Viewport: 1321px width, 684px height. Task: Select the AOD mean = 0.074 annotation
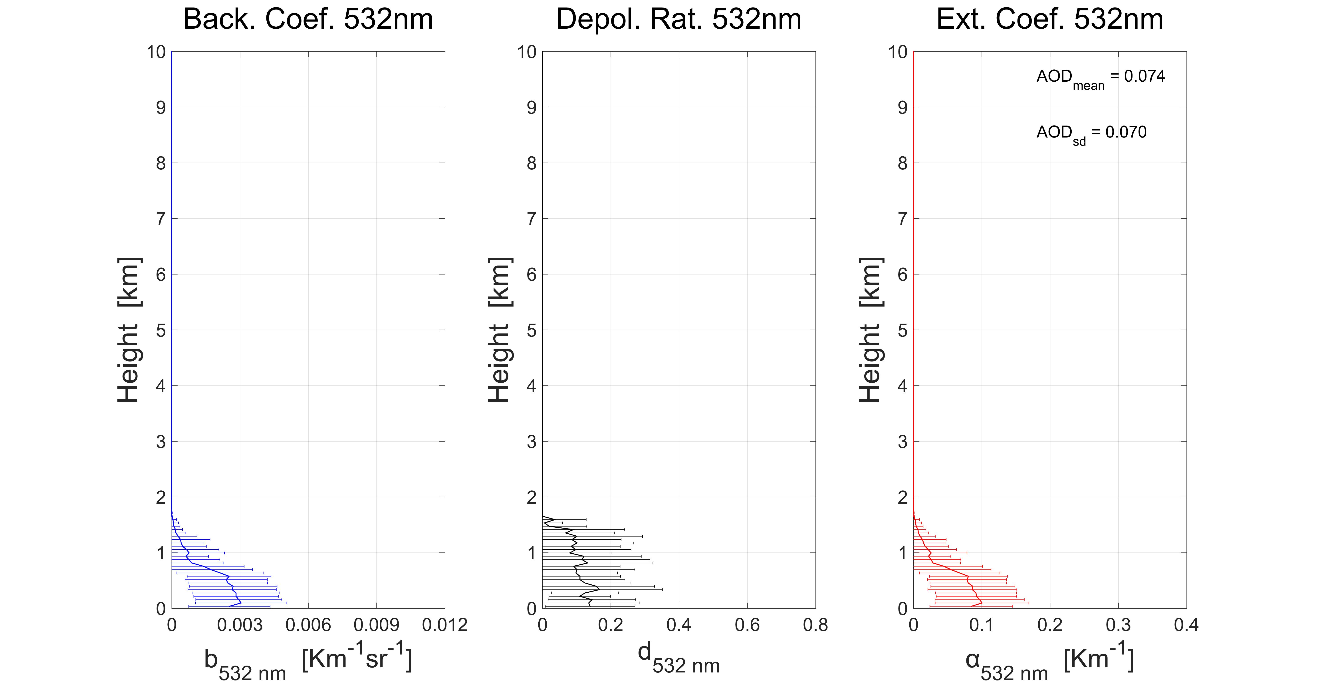(1101, 78)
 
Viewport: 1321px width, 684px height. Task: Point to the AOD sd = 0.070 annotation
(1091, 134)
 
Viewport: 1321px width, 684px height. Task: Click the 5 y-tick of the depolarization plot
(531, 330)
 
